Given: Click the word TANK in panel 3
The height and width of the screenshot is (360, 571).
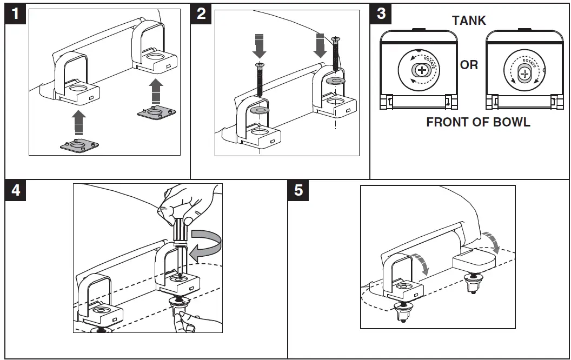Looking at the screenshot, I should tap(469, 21).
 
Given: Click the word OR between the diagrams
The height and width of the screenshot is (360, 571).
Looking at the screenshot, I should tap(469, 65).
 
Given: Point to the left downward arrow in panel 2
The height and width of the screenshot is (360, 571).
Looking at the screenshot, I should tap(260, 46).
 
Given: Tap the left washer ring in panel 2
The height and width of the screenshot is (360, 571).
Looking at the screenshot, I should tap(260, 110).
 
